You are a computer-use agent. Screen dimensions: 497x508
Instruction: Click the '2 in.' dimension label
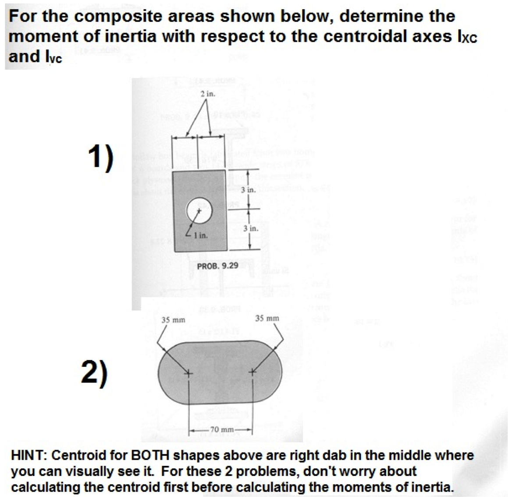208,93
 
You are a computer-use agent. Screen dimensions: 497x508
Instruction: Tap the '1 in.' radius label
201,235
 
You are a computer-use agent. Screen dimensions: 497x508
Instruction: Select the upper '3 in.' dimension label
248,190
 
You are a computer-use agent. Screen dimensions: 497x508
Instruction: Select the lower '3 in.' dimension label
251,229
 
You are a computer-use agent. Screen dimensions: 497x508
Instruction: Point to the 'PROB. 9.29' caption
217,266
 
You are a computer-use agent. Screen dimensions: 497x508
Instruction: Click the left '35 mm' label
173,319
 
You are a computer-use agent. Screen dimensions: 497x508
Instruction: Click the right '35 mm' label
267,318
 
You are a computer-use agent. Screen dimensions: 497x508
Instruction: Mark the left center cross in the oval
188,373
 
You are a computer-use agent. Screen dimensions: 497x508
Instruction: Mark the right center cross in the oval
252,372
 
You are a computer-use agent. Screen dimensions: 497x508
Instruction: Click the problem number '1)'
100,156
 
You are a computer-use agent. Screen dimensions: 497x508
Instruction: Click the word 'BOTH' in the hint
150,455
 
